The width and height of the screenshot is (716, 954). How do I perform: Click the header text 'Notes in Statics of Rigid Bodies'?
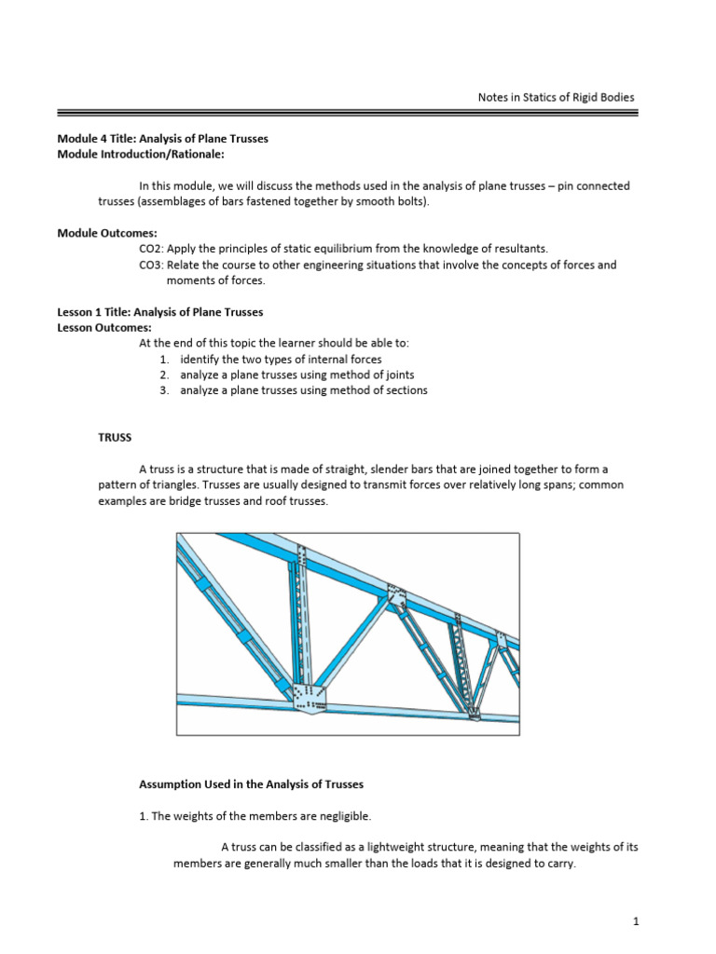(555, 97)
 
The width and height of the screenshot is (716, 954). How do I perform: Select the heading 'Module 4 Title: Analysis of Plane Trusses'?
(163, 139)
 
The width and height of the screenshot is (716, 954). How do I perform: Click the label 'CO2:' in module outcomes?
(151, 249)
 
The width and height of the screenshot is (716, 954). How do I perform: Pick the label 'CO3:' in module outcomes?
(151, 265)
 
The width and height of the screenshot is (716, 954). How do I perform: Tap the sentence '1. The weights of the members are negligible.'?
(255, 816)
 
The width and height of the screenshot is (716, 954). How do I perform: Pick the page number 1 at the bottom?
(635, 921)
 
